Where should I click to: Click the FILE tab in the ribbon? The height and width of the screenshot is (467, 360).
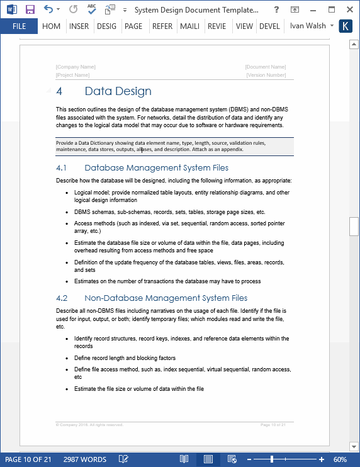click(x=19, y=26)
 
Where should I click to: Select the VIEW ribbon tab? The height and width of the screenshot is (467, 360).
click(x=244, y=26)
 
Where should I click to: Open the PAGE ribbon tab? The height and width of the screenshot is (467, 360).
click(x=133, y=26)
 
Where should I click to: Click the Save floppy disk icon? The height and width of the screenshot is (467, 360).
click(x=30, y=10)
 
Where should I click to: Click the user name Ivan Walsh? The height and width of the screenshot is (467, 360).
click(x=308, y=26)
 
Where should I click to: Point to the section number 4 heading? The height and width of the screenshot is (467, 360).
click(x=59, y=91)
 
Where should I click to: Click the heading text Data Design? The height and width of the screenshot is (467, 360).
click(x=118, y=91)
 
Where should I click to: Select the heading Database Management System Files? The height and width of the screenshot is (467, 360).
click(x=156, y=168)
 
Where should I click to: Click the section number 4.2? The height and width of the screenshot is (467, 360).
click(x=61, y=298)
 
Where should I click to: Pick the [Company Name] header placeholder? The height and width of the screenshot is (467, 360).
click(x=76, y=67)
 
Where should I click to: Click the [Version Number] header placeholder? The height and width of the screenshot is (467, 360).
click(x=266, y=75)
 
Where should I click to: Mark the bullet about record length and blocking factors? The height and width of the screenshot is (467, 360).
click(x=125, y=357)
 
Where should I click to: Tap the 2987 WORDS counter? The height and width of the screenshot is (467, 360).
click(x=84, y=459)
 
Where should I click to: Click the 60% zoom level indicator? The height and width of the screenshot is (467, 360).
click(x=340, y=459)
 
